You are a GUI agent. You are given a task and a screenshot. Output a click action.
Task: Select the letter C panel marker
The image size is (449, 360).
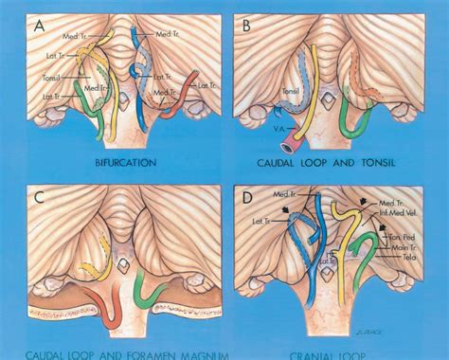coord(35,199)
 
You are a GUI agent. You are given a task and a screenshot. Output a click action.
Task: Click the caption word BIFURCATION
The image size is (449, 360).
coord(125,162)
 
